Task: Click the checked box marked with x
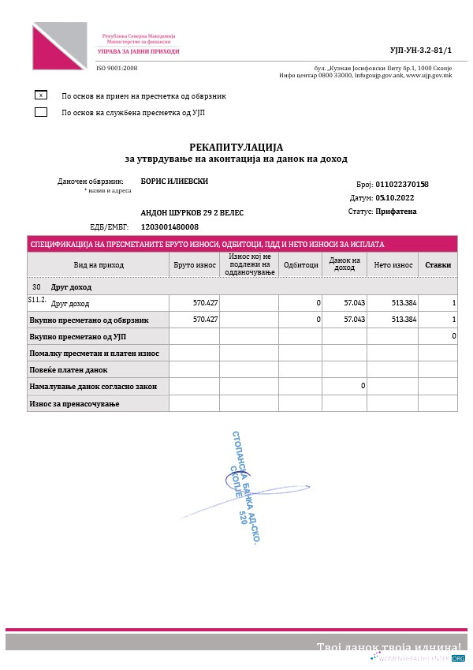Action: coord(41,95)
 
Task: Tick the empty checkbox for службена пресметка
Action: coord(41,112)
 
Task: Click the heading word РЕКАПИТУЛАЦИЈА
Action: coord(236,147)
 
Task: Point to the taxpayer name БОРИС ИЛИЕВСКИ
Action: coord(174,181)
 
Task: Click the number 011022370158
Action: coord(402,184)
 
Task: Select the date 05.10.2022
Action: coord(394,198)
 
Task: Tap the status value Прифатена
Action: coord(396,211)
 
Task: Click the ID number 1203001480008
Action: coord(169,226)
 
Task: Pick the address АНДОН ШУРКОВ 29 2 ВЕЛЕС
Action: coord(192,213)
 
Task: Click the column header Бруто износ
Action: coord(195,265)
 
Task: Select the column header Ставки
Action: coord(438,265)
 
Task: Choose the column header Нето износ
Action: coord(392,265)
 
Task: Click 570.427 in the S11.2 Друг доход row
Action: coord(205,303)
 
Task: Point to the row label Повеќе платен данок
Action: coord(69,369)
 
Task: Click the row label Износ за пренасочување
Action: coord(73,404)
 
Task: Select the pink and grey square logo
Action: coord(60,46)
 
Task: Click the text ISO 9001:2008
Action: coord(117,68)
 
